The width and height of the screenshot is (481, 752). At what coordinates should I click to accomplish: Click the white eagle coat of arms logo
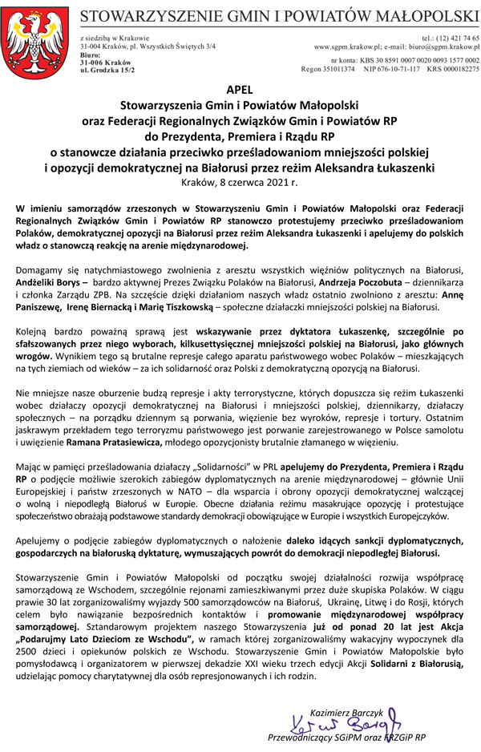coord(35,40)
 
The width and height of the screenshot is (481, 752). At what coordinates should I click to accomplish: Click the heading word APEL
coord(240,91)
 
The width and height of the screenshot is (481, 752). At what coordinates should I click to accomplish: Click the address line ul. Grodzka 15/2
coord(107,70)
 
